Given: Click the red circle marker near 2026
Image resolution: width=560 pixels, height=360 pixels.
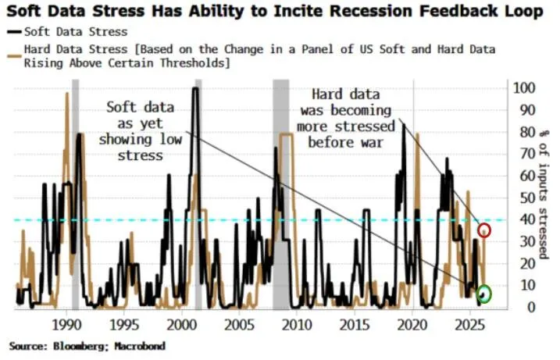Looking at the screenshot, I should (485, 230).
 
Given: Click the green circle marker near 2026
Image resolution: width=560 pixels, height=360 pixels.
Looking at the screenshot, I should (485, 294).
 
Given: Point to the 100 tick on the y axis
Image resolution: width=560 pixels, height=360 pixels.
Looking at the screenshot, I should (525, 88).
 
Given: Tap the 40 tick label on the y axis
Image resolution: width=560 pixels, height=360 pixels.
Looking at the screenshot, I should (522, 220).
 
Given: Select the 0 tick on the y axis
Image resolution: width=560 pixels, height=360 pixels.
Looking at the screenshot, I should (519, 308).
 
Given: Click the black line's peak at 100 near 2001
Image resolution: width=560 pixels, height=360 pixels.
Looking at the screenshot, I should (195, 89).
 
